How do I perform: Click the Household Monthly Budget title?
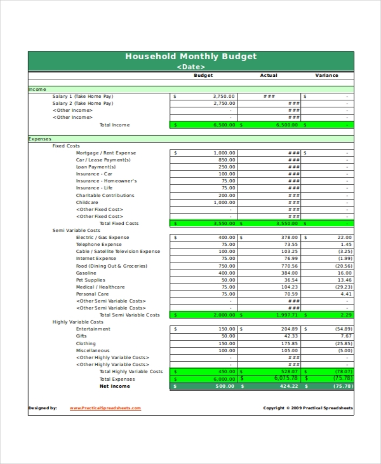click(x=190, y=56)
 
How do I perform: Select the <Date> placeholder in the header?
click(x=190, y=66)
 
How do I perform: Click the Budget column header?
click(x=203, y=76)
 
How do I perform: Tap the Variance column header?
click(x=326, y=76)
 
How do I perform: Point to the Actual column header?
click(x=269, y=76)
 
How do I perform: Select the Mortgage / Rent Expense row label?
click(x=106, y=153)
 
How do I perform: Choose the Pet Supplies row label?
click(x=91, y=280)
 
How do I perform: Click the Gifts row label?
click(x=82, y=336)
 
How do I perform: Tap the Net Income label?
click(x=114, y=386)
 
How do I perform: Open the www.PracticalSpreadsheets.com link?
click(x=105, y=408)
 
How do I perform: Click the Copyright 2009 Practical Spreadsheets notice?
click(x=308, y=408)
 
